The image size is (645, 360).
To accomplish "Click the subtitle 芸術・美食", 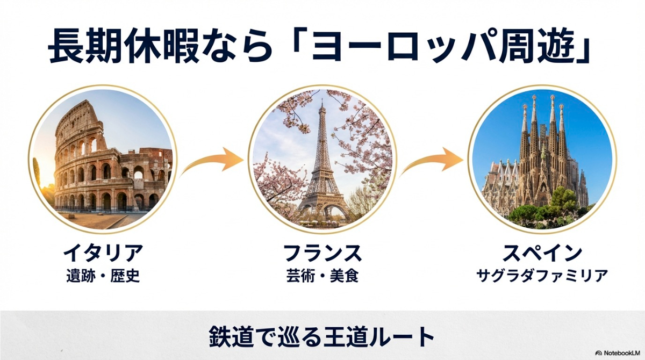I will [322, 277].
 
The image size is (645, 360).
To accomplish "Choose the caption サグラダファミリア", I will [542, 277].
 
